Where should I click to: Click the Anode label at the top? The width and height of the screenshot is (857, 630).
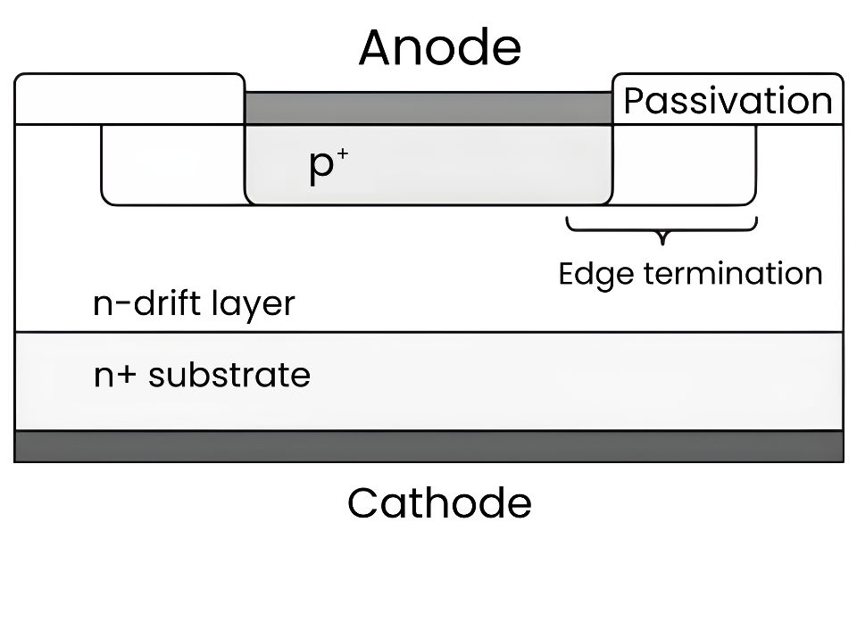click(440, 48)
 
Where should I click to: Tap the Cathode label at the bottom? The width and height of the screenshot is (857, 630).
click(439, 502)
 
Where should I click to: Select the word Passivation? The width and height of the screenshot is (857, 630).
click(728, 101)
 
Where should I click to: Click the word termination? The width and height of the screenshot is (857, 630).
click(733, 273)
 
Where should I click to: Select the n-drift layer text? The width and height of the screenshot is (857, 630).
click(194, 303)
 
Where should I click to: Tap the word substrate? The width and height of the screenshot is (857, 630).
click(229, 375)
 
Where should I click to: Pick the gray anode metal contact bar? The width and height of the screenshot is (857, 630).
click(428, 108)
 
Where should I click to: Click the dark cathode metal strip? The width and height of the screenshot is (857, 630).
click(429, 446)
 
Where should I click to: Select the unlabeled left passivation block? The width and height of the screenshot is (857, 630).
click(129, 99)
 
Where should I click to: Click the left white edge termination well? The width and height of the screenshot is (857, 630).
click(172, 165)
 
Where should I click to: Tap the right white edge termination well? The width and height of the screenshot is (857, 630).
click(685, 165)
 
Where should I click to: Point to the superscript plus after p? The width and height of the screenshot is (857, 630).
click(343, 154)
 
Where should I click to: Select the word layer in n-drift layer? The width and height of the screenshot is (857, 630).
click(253, 304)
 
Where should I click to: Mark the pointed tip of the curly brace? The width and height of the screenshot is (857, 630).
click(663, 244)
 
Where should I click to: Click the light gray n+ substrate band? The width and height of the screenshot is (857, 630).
click(429, 381)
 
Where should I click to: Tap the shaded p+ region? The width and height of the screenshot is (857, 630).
click(428, 165)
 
